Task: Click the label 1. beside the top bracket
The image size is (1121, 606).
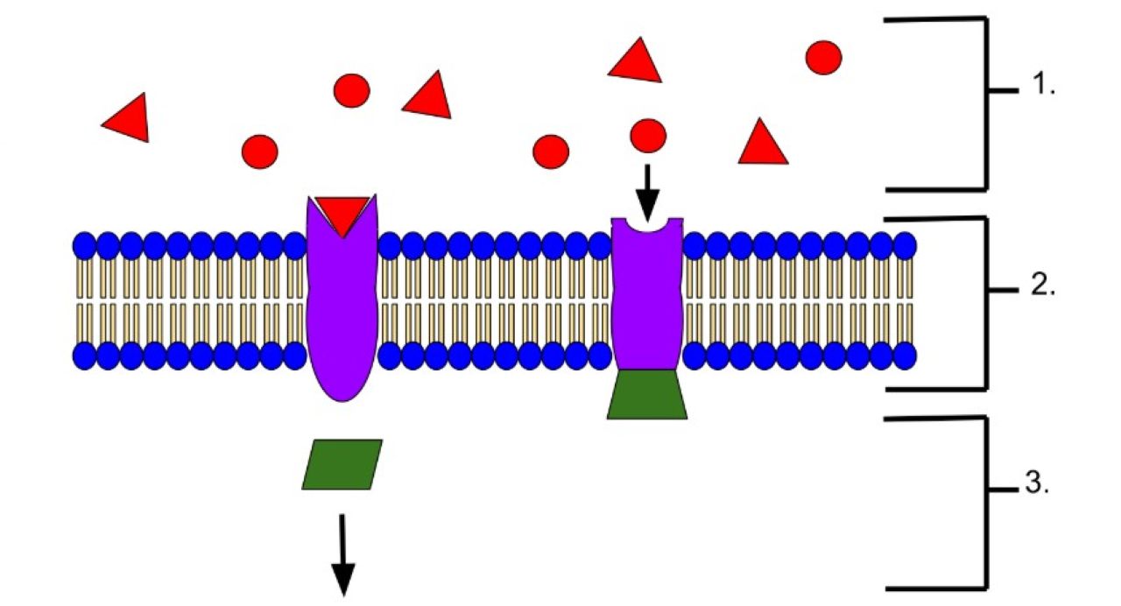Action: click(1044, 83)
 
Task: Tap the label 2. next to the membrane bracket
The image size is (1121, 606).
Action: click(1043, 285)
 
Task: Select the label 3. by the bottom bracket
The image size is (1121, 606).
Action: click(1038, 483)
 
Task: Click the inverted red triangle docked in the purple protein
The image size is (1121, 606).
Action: click(342, 215)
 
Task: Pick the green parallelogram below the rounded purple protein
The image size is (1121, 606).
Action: click(342, 464)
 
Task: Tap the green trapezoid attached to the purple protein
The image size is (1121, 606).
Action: click(647, 394)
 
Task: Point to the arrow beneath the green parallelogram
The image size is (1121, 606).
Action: click(342, 555)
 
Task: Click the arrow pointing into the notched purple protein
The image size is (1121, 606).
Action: click(647, 194)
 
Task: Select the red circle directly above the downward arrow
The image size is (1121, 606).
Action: click(648, 136)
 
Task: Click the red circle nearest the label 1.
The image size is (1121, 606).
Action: click(824, 58)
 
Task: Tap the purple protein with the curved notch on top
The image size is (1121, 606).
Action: click(647, 294)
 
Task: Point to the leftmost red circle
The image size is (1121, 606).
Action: click(260, 151)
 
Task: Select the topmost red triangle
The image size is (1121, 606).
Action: click(635, 61)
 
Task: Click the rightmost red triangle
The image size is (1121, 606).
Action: click(763, 143)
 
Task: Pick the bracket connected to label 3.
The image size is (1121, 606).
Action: click(986, 503)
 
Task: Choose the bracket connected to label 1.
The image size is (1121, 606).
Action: click(986, 104)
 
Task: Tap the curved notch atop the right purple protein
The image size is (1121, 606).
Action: click(647, 226)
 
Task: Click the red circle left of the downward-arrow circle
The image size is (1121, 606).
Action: click(551, 151)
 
